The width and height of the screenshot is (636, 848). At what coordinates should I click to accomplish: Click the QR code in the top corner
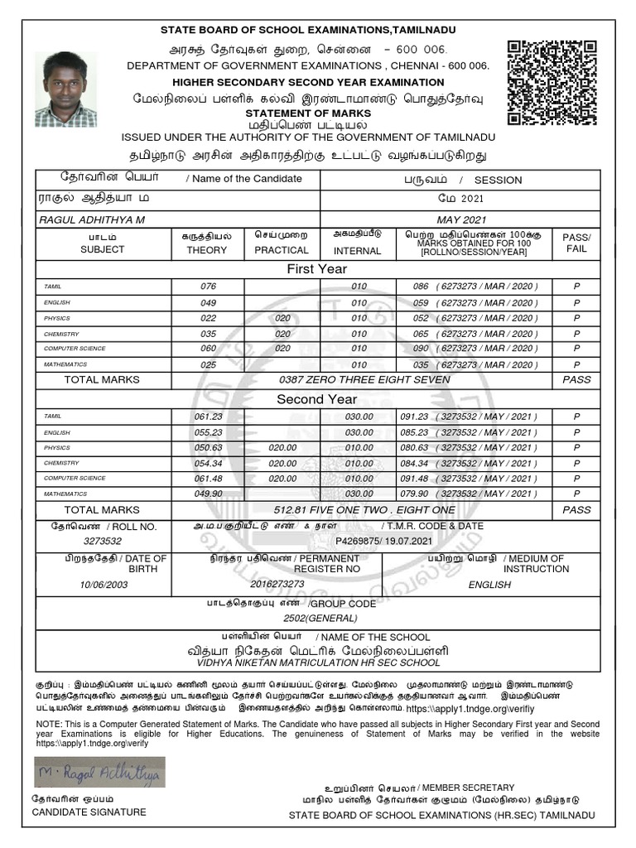pos(551,84)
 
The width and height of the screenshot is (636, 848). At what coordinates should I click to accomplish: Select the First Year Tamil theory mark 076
pos(208,287)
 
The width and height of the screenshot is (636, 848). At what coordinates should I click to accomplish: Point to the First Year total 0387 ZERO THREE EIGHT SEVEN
pos(364,380)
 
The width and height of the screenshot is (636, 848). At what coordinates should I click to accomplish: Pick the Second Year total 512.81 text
pos(369,510)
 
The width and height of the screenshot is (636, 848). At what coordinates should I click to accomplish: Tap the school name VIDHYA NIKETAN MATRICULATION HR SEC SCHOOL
pos(318,663)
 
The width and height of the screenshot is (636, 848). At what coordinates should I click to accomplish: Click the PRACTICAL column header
pos(282,250)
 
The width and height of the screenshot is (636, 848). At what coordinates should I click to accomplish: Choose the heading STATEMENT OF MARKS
pos(318,112)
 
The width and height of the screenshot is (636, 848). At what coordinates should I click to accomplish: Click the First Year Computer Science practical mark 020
pos(282,349)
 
